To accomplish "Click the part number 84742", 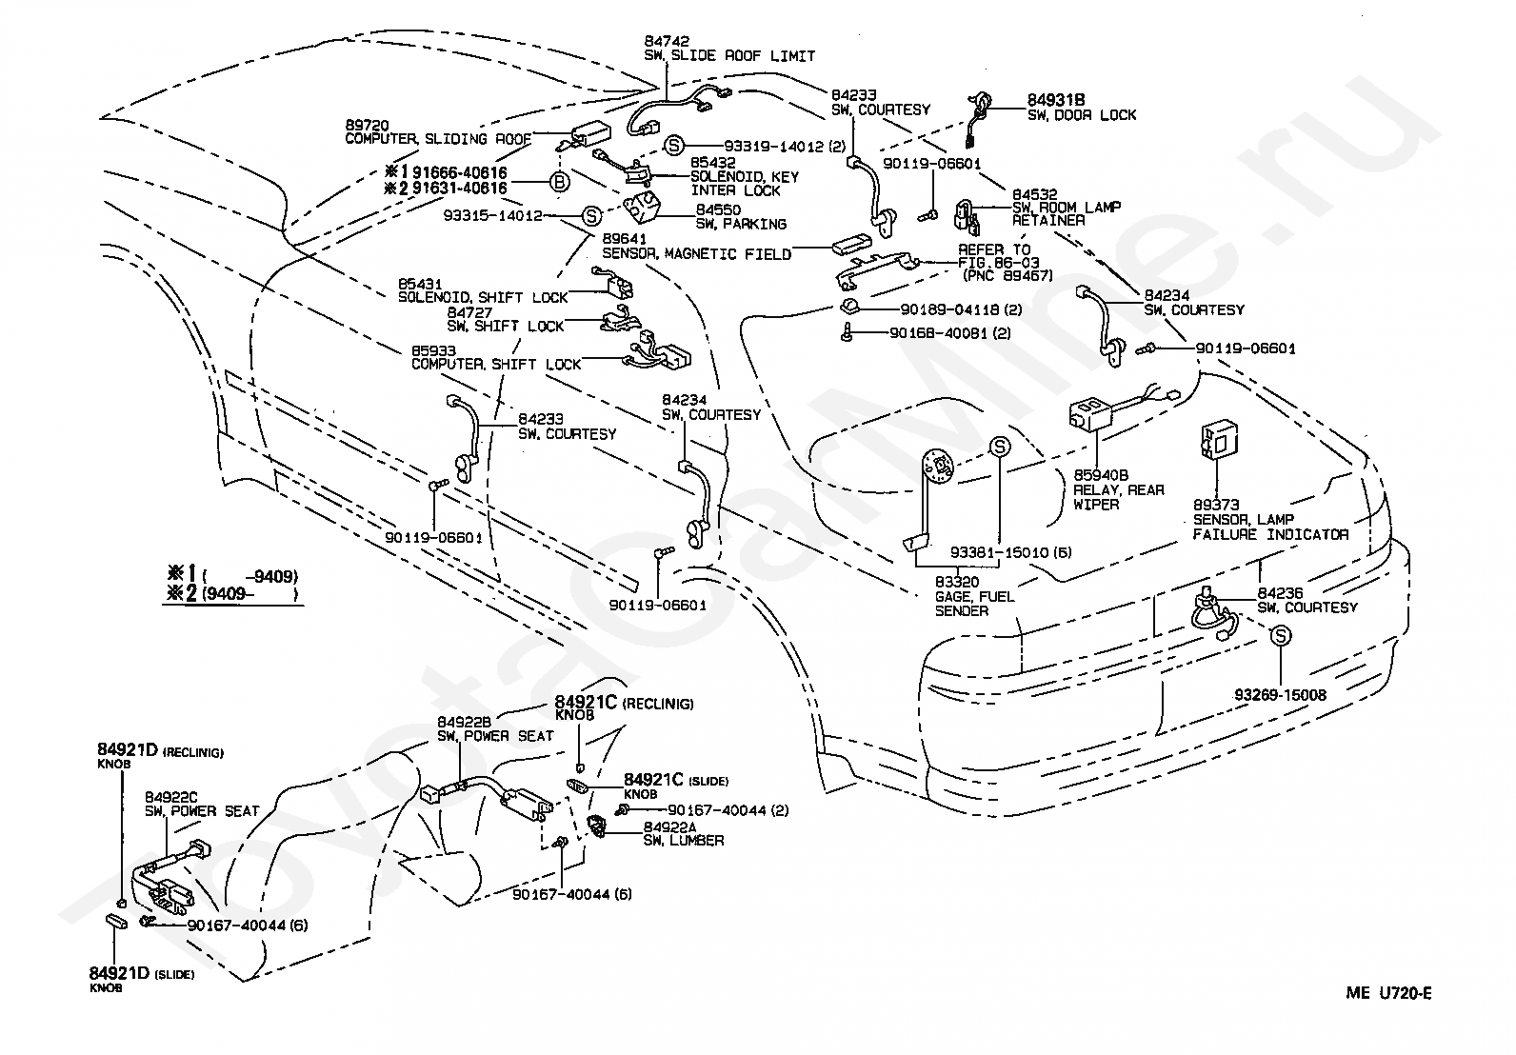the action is (667, 41).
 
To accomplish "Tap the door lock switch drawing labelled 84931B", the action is (979, 119).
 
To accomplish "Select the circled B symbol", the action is (560, 182).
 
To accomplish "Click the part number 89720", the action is (368, 125).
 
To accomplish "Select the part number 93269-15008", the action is (1280, 695).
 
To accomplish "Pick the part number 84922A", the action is (669, 826).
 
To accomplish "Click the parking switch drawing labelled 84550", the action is (643, 207).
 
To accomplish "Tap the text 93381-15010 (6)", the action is (1010, 552).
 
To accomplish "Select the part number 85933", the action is (434, 350).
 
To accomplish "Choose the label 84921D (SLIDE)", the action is (142, 973).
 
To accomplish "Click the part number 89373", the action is (1216, 505).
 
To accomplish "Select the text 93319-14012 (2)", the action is (785, 147).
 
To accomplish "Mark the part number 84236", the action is (1280, 593).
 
